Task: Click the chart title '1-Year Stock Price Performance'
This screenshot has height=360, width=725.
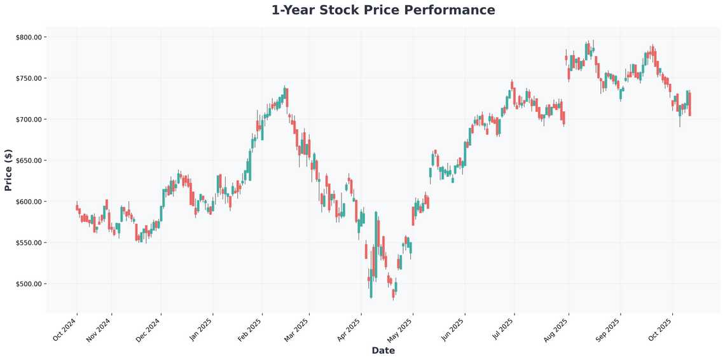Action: tap(383, 10)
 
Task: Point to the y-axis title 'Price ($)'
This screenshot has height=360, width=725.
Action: tap(8, 169)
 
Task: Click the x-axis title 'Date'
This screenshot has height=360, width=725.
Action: tap(383, 350)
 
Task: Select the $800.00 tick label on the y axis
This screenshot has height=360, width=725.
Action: tap(29, 38)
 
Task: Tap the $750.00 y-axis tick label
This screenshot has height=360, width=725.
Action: tap(29, 78)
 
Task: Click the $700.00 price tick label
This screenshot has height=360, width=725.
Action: tap(29, 120)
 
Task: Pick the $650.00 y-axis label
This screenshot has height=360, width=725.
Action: tap(29, 161)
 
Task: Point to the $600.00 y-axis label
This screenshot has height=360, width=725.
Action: tap(29, 202)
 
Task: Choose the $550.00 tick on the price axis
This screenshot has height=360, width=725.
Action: tap(29, 243)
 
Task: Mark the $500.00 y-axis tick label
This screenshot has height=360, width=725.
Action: tap(29, 284)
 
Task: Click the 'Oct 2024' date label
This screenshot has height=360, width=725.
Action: tap(65, 330)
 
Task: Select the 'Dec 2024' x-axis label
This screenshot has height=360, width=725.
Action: tap(149, 330)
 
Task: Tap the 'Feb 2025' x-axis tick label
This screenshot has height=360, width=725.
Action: tap(249, 330)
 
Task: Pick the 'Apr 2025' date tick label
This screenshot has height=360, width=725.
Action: tap(349, 330)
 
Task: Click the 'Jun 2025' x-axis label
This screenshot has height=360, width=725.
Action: tap(453, 330)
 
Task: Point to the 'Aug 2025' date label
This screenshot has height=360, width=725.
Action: tap(556, 330)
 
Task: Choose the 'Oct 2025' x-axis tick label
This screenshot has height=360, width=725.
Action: tap(660, 330)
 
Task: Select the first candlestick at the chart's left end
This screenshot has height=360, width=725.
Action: tap(77, 207)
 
